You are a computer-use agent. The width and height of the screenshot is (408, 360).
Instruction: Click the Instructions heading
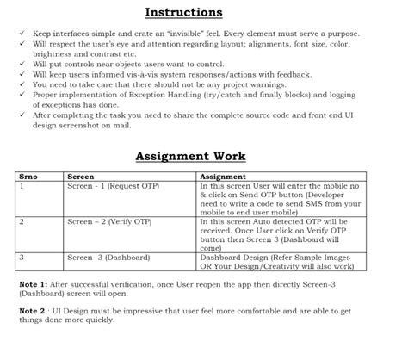click(x=183, y=13)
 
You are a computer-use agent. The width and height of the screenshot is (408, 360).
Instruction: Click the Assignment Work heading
click(x=189, y=156)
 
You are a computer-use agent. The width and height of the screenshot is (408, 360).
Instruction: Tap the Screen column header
click(x=81, y=176)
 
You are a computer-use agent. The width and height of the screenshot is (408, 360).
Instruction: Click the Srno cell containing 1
click(x=22, y=184)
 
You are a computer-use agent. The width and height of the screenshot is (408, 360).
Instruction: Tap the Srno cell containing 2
click(x=22, y=221)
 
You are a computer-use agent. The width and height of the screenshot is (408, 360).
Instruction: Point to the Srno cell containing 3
click(x=22, y=257)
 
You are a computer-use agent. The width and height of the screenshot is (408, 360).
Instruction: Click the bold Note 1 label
click(x=33, y=283)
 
